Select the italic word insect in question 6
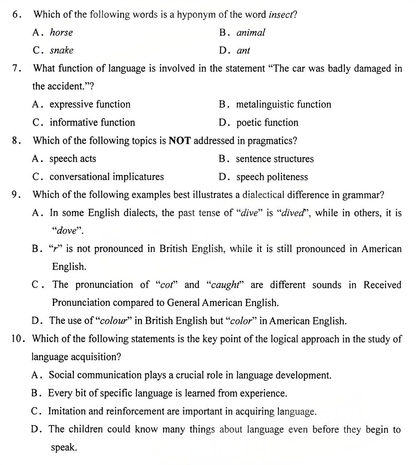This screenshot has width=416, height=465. pyautogui.click(x=281, y=15)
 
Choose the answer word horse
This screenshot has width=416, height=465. pyautogui.click(x=61, y=32)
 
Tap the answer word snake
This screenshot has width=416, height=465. pyautogui.click(x=62, y=50)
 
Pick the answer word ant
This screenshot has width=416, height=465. pyautogui.click(x=243, y=51)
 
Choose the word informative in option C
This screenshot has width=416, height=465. pyautogui.click(x=74, y=122)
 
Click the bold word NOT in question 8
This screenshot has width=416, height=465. pyautogui.click(x=180, y=141)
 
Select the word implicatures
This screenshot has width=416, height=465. pyautogui.click(x=138, y=177)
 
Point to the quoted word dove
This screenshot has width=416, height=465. pyautogui.click(x=67, y=231)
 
